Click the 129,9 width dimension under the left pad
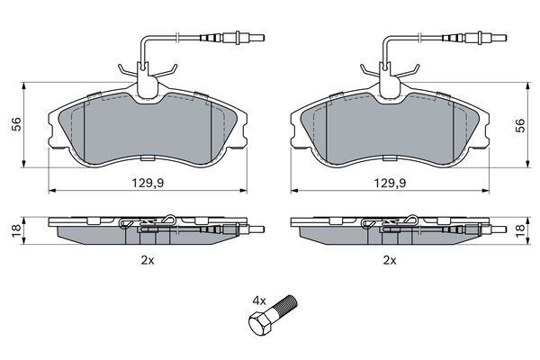(148, 183)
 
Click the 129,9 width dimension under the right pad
(391, 183)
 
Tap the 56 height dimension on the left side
(16, 124)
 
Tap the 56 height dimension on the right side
(520, 125)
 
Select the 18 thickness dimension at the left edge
(16, 230)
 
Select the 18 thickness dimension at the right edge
(520, 230)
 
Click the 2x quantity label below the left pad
(148, 260)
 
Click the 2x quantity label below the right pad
(390, 260)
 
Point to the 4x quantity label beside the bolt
(259, 301)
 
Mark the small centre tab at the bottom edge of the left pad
(148, 158)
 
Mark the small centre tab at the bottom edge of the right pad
(390, 158)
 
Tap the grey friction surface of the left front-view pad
(148, 130)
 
